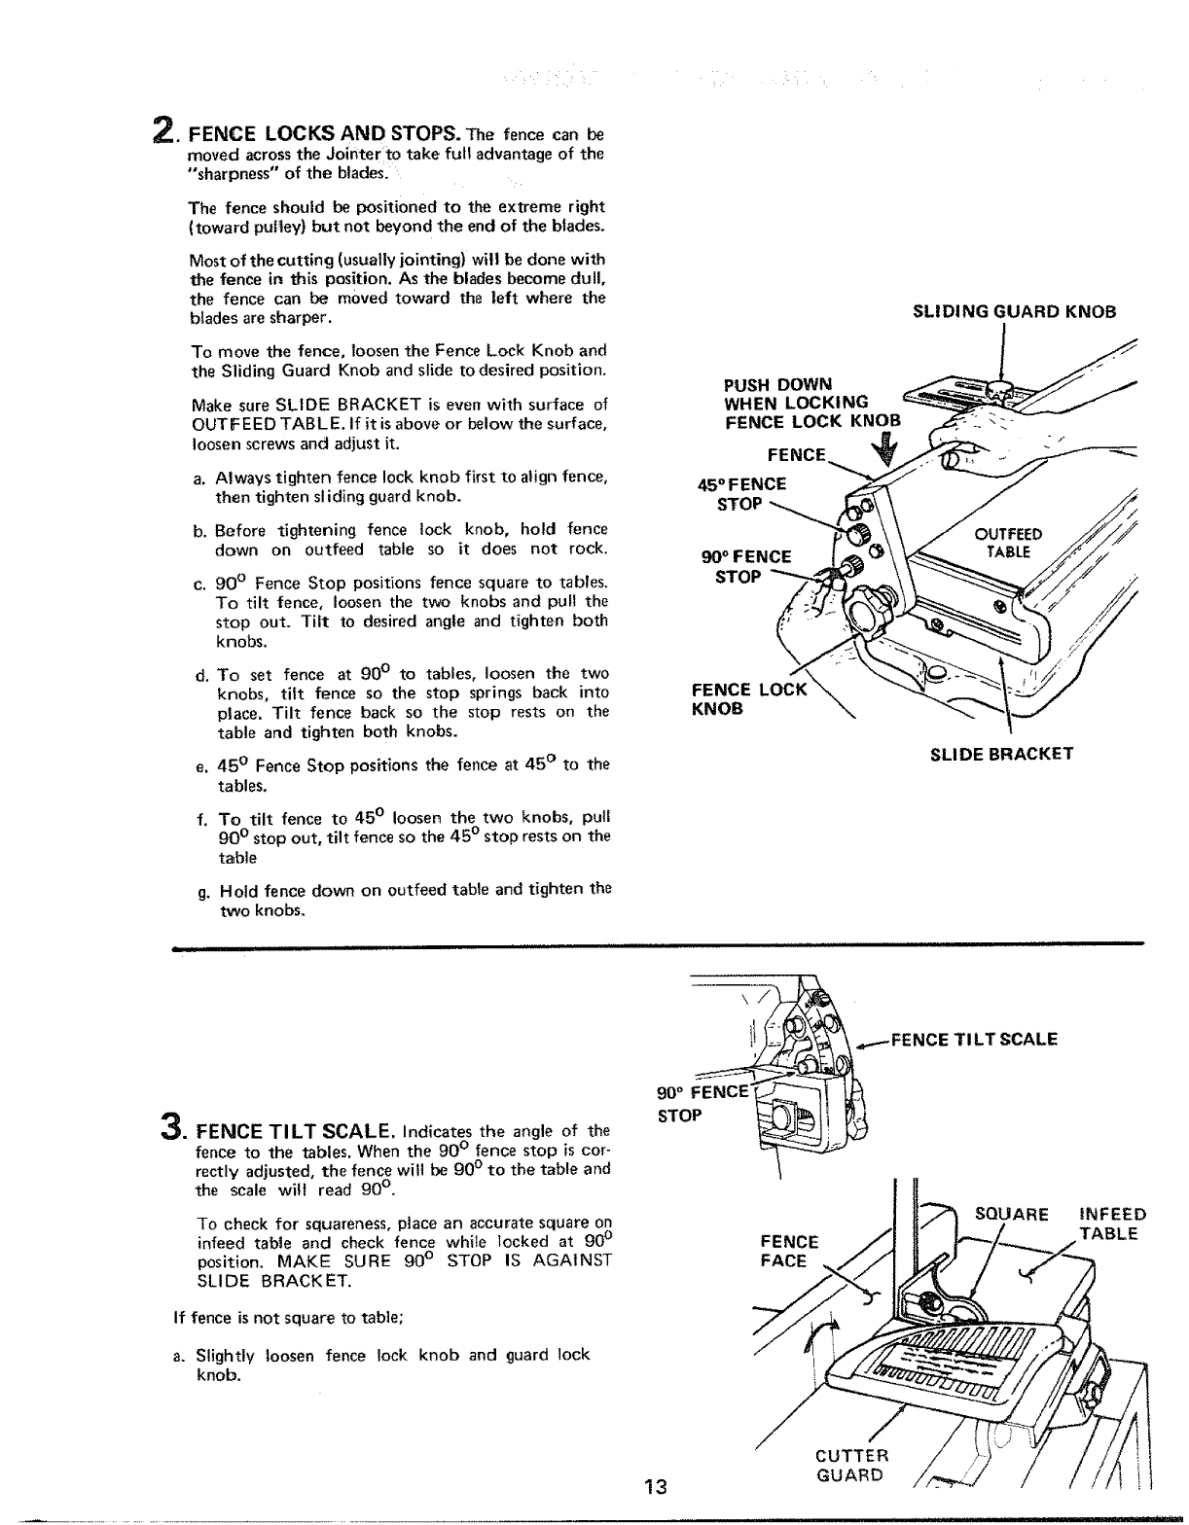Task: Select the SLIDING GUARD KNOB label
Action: click(x=1013, y=312)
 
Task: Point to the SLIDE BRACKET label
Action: click(x=1002, y=753)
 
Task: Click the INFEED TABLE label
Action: click(x=1112, y=1224)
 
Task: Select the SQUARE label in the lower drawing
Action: click(x=1011, y=1214)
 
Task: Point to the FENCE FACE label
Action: click(x=788, y=1251)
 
